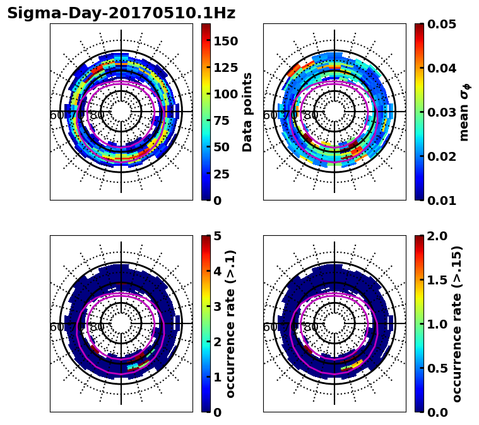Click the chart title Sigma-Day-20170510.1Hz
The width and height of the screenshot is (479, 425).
coord(121,13)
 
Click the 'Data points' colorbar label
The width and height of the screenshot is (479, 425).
coord(247,112)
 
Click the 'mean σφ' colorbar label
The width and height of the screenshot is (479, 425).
coord(464,112)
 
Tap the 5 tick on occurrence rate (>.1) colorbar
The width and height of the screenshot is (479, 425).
coord(217,236)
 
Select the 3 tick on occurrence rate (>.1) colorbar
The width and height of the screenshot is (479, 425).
coord(217,306)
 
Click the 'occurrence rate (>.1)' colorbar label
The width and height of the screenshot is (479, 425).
coord(230,323)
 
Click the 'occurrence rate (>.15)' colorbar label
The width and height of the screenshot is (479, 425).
coord(457,323)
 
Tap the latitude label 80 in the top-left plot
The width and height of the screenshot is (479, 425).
coord(98,115)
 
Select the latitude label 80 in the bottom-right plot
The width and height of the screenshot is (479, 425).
coord(311,327)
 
